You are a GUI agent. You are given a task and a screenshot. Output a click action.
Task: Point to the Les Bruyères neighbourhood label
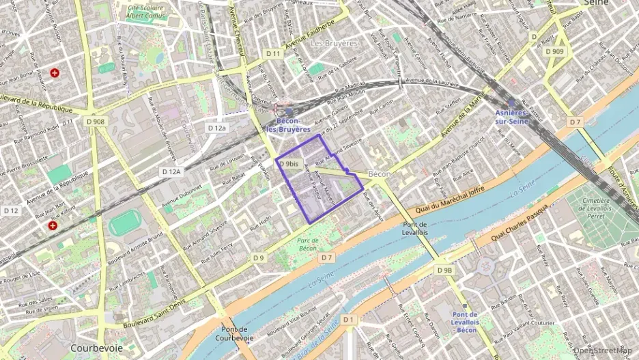(334, 43)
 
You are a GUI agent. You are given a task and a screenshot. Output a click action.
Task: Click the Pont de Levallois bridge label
(415, 229)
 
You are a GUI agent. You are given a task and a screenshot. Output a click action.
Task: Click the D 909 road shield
(557, 52)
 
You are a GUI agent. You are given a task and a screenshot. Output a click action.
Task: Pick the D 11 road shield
(274, 53)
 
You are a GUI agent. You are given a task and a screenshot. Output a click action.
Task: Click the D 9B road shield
(444, 271)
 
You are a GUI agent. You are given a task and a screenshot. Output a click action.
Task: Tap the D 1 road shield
(349, 319)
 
